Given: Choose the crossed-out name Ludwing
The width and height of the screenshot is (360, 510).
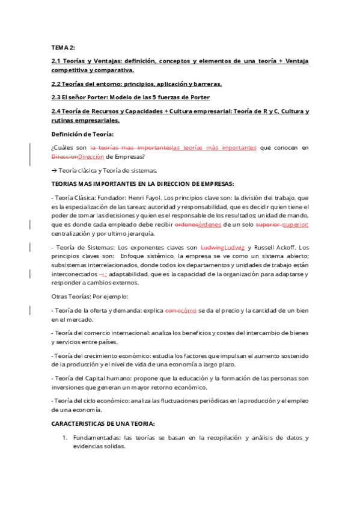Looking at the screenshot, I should coord(211,247).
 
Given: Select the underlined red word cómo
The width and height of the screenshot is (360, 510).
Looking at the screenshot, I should coord(189,310).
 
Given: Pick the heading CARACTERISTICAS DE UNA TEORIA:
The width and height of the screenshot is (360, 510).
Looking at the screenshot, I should coord(103,423).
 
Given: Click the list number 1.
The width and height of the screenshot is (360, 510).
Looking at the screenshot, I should coord(64,437).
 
